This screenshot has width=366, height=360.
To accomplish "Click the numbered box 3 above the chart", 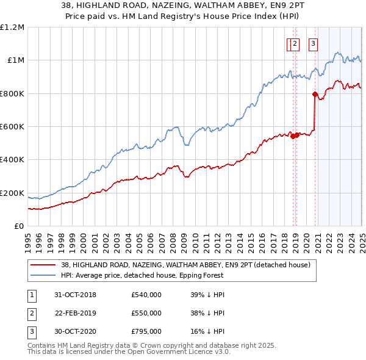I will (x=313, y=43).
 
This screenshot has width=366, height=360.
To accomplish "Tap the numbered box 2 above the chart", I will (x=295, y=43).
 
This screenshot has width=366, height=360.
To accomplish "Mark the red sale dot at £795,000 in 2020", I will (x=315, y=94).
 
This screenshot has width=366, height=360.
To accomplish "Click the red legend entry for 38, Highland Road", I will (x=171, y=265).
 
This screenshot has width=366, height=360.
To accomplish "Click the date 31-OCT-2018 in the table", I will (x=76, y=295).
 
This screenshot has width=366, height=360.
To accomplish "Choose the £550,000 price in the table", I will (x=146, y=313).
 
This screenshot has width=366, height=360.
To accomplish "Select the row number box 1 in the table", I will (x=32, y=295).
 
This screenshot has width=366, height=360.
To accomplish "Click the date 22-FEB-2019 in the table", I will (x=76, y=313).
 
